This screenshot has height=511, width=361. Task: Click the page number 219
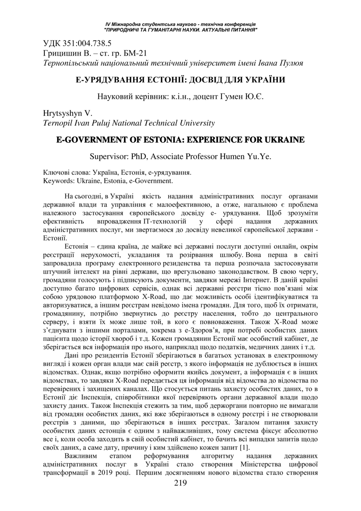click(180, 496)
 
